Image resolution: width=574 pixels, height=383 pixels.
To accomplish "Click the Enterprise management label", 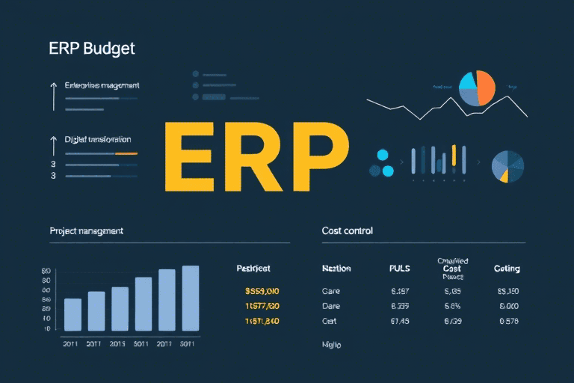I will click(x=102, y=86).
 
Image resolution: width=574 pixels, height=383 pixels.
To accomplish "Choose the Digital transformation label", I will click(x=98, y=139).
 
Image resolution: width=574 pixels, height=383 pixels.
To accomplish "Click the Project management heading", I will click(x=86, y=231).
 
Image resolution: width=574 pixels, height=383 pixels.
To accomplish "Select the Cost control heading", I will click(x=347, y=231).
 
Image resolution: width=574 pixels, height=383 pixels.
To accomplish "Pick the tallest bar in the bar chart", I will click(x=191, y=298).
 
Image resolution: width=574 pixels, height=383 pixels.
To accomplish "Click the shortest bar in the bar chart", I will click(x=72, y=314).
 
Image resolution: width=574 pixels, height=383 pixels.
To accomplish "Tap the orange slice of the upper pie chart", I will click(x=484, y=88).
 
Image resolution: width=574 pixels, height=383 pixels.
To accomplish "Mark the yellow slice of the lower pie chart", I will click(x=504, y=175).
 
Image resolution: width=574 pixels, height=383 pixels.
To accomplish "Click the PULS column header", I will click(x=400, y=268).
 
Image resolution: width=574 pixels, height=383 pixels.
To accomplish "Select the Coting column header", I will click(x=507, y=268).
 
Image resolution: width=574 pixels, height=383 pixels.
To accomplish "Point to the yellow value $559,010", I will click(x=262, y=290).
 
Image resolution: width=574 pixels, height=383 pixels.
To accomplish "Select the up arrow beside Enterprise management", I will click(x=53, y=96).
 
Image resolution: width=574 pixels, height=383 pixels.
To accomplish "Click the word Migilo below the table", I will click(x=331, y=346).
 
